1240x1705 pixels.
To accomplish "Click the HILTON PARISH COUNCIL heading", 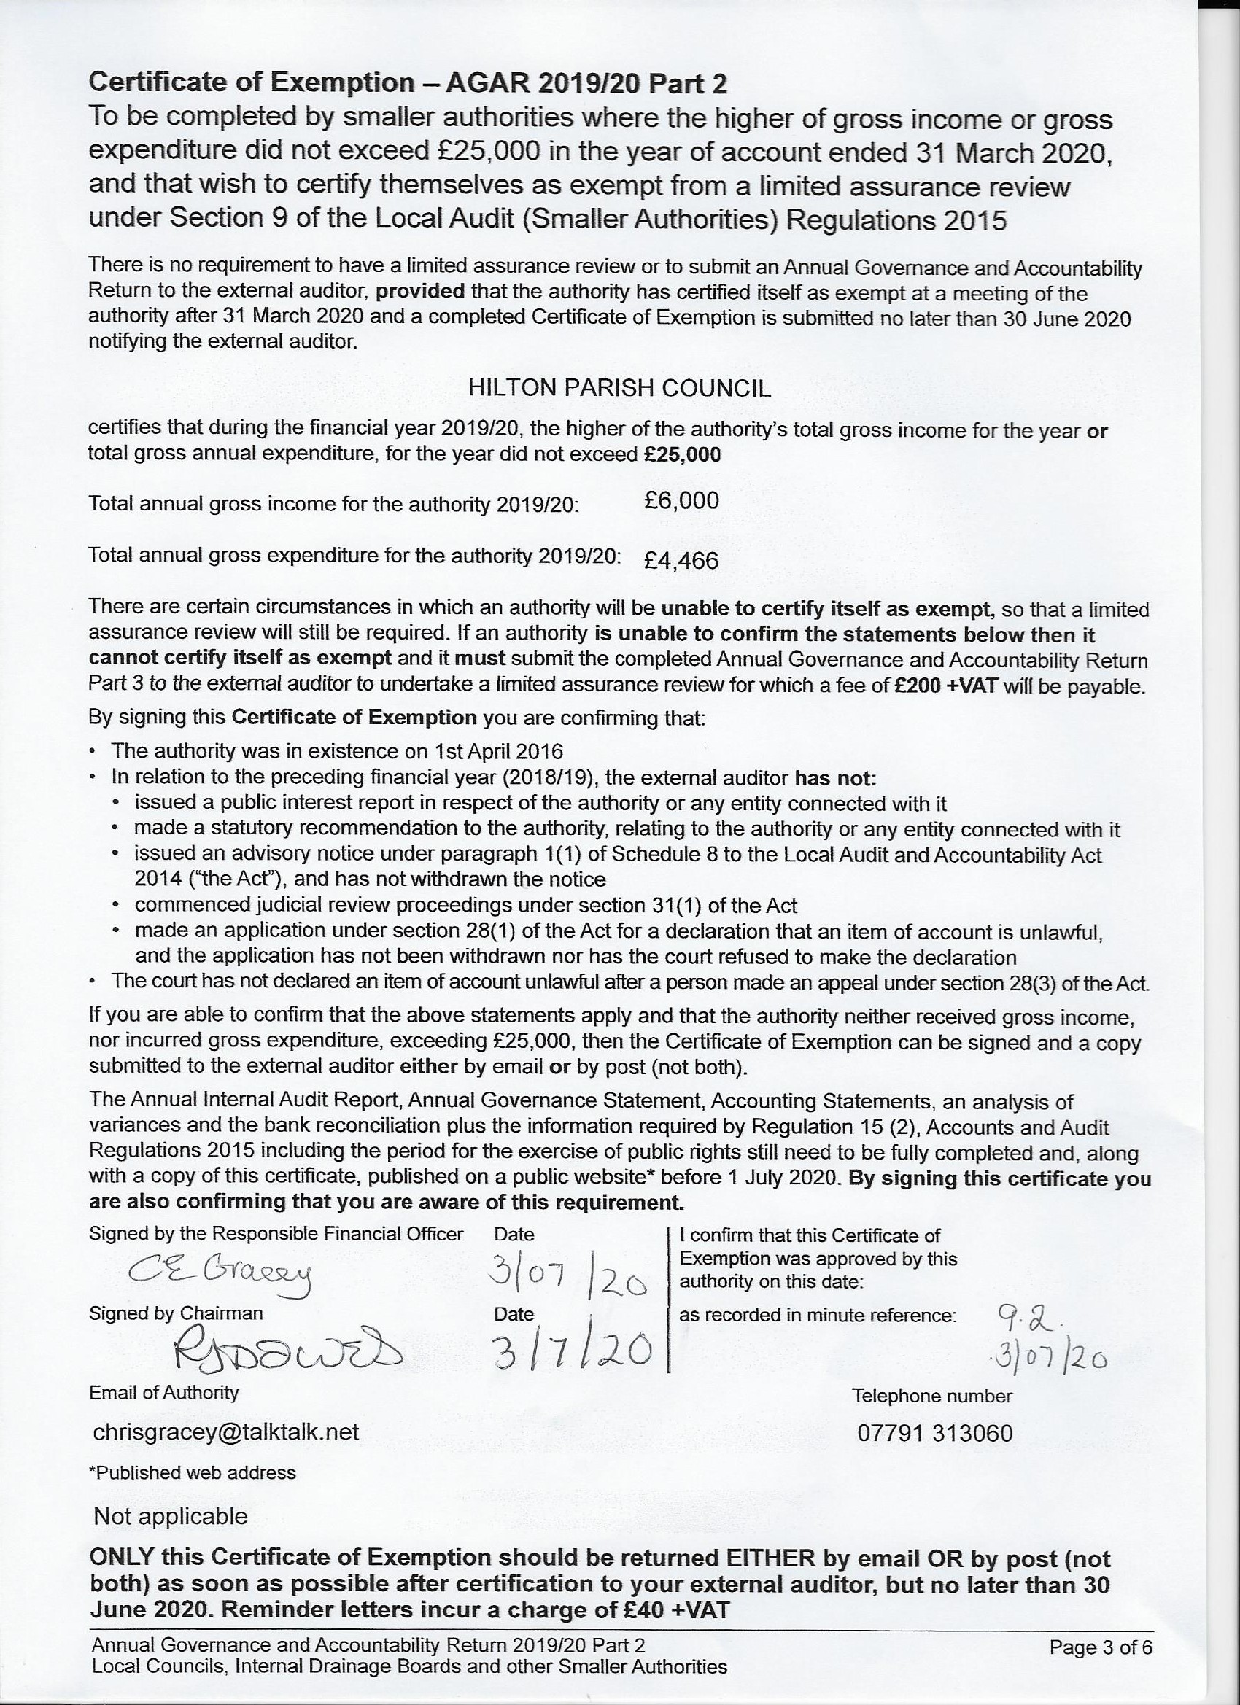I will click(x=619, y=388).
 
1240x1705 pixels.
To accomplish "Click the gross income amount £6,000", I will click(x=681, y=501).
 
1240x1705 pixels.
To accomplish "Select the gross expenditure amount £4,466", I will click(x=681, y=560).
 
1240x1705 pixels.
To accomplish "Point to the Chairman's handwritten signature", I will click(x=288, y=1354).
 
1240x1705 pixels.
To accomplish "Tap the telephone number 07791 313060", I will click(x=934, y=1433).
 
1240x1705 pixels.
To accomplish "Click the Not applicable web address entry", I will click(x=171, y=1516).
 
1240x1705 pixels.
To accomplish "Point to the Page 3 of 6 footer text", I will click(x=1100, y=1649).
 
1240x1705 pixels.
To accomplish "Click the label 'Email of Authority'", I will click(x=164, y=1392).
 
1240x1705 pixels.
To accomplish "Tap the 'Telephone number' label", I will click(x=931, y=1396).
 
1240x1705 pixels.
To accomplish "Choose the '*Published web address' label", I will click(x=193, y=1472).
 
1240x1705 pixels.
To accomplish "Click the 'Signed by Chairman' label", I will click(x=176, y=1313).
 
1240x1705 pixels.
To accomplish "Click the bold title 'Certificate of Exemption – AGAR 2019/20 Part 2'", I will click(x=408, y=82).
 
